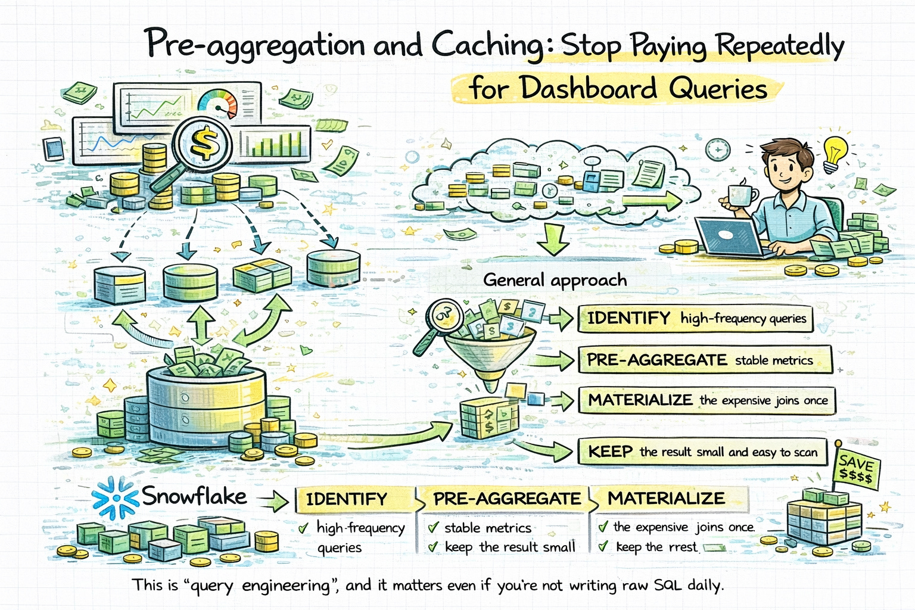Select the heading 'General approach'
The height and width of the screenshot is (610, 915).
pos(555,280)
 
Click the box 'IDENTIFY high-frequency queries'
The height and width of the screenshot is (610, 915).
pos(696,319)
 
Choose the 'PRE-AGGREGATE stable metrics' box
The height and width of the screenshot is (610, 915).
pos(705,360)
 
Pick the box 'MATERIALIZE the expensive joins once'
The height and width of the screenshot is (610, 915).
pos(707,400)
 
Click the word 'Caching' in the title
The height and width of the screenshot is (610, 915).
pos(487,45)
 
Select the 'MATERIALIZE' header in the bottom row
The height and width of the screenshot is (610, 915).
pos(666,499)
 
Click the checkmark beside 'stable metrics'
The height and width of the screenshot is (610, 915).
pos(433,528)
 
